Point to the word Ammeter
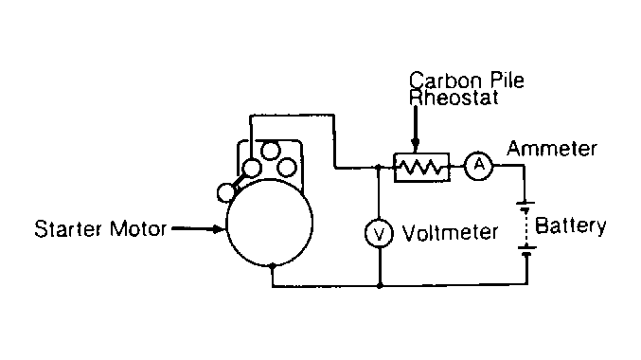[x=552, y=149]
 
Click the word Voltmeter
[x=450, y=232]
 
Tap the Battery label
[x=570, y=225]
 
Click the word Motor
[x=138, y=228]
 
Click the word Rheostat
[x=454, y=98]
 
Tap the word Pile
[x=507, y=81]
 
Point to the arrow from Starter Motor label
[x=198, y=228]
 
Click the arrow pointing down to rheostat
[x=416, y=127]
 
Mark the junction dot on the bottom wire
[x=380, y=285]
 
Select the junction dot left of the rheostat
[x=378, y=167]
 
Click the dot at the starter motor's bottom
[x=273, y=266]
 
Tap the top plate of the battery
[x=525, y=203]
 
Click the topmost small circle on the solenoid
[x=270, y=151]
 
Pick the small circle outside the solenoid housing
[x=226, y=192]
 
